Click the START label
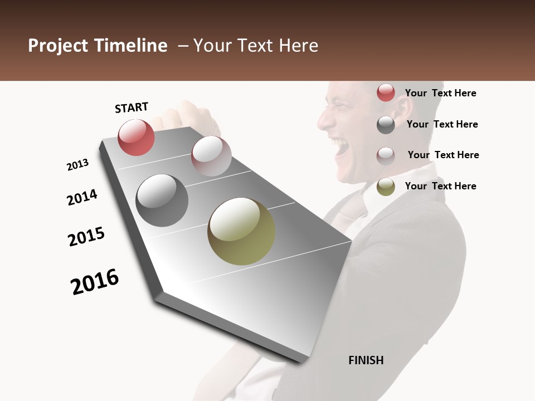132,107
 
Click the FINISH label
366,360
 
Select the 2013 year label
77,165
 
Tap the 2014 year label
82,197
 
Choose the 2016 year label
95,281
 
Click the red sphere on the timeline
136,137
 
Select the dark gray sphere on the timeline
162,200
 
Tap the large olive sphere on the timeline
241,231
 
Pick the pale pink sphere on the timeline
211,155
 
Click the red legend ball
386,92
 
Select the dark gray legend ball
386,125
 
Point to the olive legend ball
386,187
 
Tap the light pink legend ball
386,155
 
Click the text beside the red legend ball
440,93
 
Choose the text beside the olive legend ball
440,186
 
